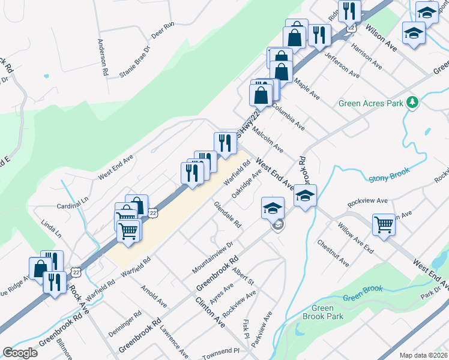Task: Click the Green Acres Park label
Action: pos(370,103)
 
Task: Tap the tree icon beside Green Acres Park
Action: pos(412,103)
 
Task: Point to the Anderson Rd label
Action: pos(104,58)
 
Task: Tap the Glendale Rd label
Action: pos(228,214)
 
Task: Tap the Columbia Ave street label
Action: pos(288,116)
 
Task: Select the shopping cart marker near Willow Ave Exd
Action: pos(384,224)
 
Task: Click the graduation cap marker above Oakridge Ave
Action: pos(273,208)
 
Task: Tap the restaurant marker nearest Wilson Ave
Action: pos(349,10)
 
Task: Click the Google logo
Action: pos(20,353)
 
